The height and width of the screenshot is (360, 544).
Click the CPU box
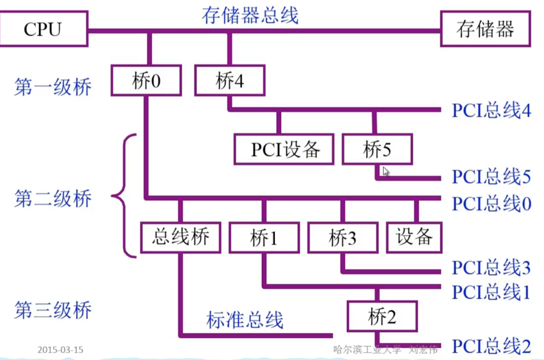point(44,29)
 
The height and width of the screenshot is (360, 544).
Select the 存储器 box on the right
point(486,29)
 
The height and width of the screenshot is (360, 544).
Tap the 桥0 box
point(146,81)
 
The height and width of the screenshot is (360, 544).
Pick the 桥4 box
point(230,81)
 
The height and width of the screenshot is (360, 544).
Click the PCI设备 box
point(284,149)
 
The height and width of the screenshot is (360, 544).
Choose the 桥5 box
point(377,149)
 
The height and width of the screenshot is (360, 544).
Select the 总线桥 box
point(181,238)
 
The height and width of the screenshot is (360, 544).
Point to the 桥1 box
point(264,238)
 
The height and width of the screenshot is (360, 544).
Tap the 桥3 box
point(343,238)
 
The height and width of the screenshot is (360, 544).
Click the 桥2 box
point(382,316)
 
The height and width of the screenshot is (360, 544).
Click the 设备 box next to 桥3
point(414,238)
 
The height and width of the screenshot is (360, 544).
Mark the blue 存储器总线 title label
point(250,16)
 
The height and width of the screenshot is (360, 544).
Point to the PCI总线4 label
point(491,110)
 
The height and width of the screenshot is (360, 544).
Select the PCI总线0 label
point(491,203)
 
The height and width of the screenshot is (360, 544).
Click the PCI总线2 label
point(491,346)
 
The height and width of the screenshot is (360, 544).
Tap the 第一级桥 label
point(53,87)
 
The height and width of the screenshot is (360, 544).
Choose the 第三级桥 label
point(53,310)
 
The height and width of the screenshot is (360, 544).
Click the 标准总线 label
point(245,319)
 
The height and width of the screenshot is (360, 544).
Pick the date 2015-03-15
point(60,349)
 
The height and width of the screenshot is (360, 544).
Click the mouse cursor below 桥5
point(386,171)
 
